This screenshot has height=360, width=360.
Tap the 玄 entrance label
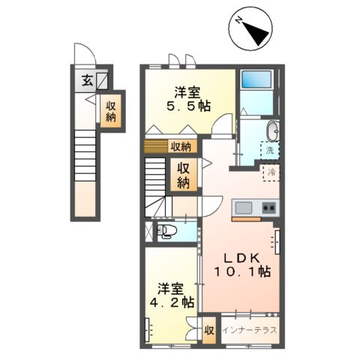click(88, 80)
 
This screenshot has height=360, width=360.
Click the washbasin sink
click(272, 130)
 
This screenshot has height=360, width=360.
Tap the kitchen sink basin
click(244, 208)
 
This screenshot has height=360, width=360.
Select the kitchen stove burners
click(268, 208)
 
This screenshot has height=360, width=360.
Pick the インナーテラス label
click(250, 330)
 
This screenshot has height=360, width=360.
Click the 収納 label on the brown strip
click(181, 146)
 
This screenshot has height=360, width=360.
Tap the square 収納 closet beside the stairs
click(183, 175)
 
